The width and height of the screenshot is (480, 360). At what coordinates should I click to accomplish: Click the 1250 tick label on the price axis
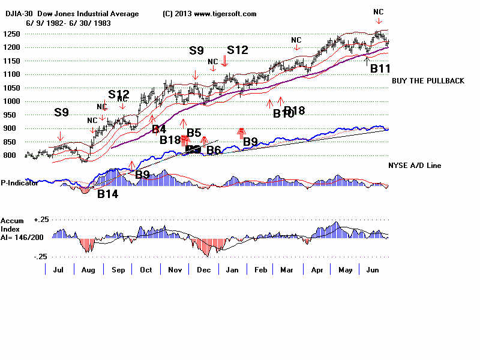[11, 34]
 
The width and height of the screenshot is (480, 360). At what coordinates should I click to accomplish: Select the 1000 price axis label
[11, 101]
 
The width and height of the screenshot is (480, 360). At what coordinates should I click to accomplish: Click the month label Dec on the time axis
[203, 271]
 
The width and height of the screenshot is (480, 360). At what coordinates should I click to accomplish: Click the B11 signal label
[380, 68]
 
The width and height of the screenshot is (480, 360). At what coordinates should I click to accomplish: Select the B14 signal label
[108, 194]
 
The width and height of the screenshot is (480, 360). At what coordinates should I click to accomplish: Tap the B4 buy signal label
[158, 129]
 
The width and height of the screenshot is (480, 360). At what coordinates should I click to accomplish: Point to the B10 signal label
[283, 114]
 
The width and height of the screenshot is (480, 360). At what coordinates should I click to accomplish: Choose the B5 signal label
[193, 133]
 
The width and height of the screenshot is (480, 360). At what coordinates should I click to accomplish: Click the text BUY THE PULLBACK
[428, 81]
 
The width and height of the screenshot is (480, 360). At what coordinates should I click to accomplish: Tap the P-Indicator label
[20, 183]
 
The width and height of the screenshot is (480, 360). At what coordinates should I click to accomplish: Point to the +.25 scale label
[40, 220]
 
